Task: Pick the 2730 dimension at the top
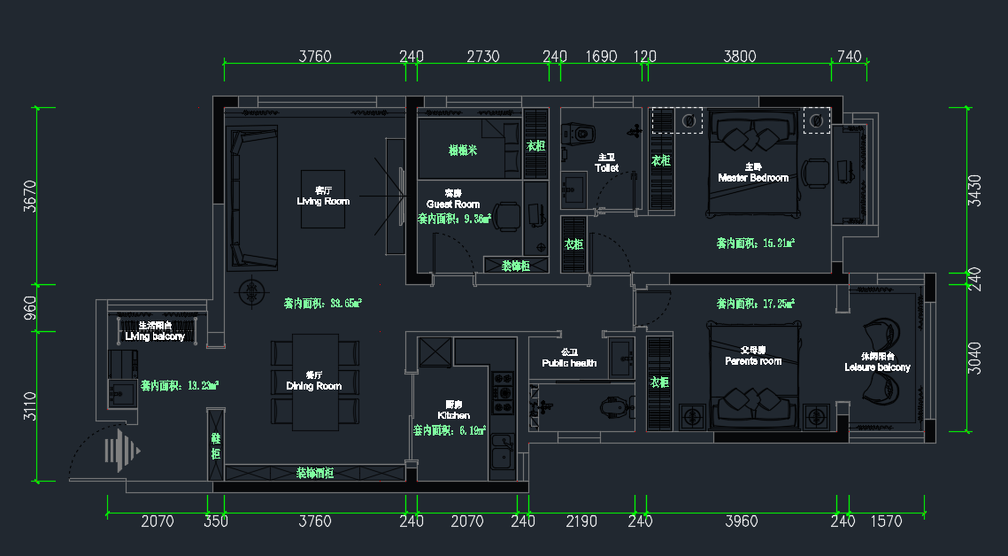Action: [x=483, y=57]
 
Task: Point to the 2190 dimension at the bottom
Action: [x=581, y=521]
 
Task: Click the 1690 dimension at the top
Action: [x=602, y=57]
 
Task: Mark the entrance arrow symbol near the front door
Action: [x=121, y=451]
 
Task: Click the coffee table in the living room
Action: [x=323, y=197]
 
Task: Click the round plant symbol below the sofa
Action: [x=252, y=290]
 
